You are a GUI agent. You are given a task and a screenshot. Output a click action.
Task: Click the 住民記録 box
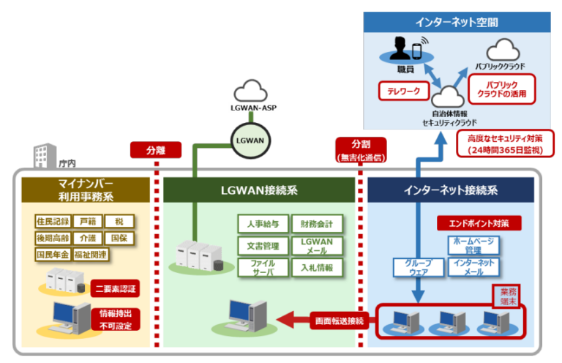click(52, 220)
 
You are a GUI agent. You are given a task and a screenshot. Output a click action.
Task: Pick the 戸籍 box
click(87, 220)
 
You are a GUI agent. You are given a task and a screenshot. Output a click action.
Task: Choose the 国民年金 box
click(52, 255)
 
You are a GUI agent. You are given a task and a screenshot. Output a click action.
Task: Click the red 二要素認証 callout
click(116, 288)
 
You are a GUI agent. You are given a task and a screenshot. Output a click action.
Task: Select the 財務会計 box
click(316, 223)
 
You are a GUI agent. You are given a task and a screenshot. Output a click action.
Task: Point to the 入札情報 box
click(316, 268)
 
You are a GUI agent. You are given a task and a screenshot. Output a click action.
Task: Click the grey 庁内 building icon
click(44, 156)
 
